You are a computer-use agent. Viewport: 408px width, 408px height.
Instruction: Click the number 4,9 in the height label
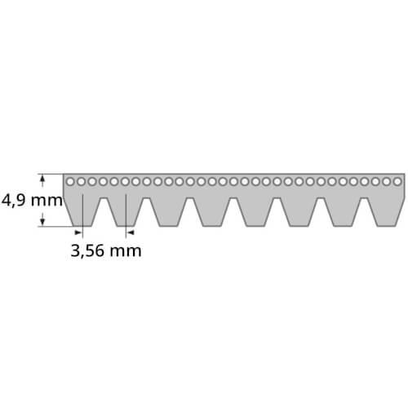(x=14, y=201)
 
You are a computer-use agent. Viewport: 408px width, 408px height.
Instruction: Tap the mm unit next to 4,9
(x=47, y=202)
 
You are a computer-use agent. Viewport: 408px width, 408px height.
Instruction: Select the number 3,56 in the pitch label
(x=87, y=251)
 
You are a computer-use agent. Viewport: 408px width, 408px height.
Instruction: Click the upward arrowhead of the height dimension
(x=42, y=179)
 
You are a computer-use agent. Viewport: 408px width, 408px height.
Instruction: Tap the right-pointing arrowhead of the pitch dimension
(x=78, y=233)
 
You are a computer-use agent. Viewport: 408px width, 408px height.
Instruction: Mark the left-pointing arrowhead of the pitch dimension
(x=131, y=233)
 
